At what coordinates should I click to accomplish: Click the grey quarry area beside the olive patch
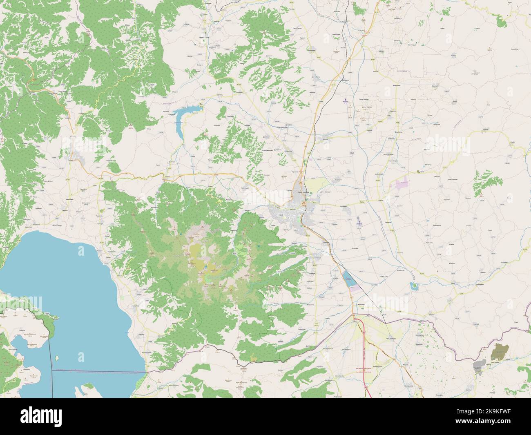point(478,364)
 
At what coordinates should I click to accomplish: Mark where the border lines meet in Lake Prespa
point(53,370)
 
